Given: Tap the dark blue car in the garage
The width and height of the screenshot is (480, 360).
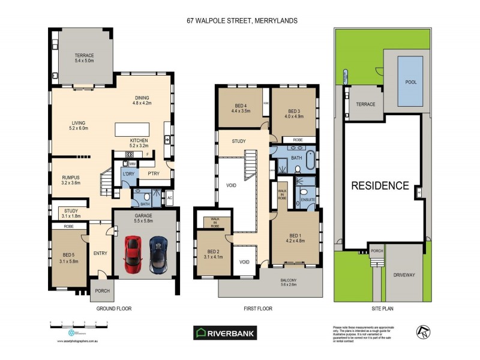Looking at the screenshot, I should coord(158,253).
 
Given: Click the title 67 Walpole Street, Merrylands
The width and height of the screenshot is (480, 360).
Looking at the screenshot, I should coord(242,20).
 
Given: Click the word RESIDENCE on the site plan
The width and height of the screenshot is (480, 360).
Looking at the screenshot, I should coord(380,185).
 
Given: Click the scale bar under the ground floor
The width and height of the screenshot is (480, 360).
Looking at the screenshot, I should coord(79,325).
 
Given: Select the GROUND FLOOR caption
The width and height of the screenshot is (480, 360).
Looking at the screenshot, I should coord(114,308).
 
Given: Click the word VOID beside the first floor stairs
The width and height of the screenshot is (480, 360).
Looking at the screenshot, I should coord(231,185).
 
